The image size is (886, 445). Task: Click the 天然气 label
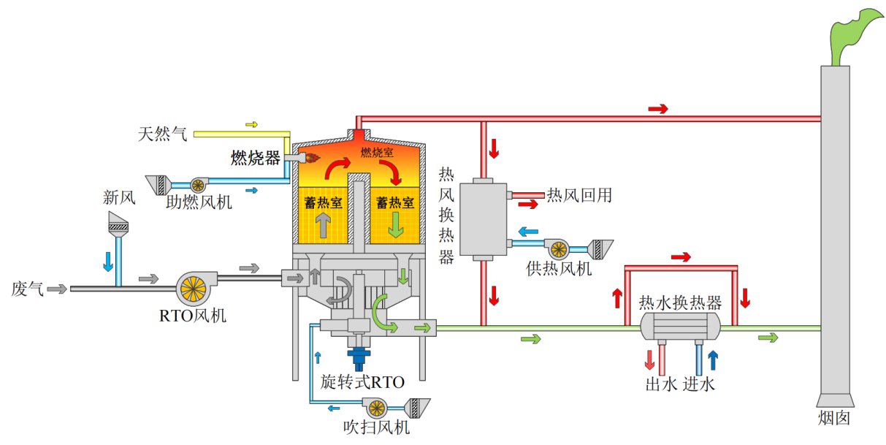[x=162, y=134]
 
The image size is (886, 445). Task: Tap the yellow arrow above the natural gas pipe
[x=251, y=125]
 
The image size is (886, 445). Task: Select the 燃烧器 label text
[x=256, y=158]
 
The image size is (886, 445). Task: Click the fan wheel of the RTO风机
[x=194, y=289]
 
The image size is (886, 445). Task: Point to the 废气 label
[x=27, y=289]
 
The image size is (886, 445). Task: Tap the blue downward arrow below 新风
[x=108, y=262]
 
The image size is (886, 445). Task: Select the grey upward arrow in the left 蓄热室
[x=323, y=224]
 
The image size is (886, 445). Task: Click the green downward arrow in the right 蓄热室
[x=396, y=224]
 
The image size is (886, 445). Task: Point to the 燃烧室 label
[x=377, y=152]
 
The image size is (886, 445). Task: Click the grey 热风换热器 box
[x=483, y=219]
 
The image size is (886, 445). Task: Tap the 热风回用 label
[x=579, y=195]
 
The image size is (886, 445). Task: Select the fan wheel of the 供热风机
[x=559, y=250]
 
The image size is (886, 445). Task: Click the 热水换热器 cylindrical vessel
[x=680, y=327]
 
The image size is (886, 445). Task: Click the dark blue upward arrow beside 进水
[x=713, y=360]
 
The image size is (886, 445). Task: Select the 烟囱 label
[x=834, y=418]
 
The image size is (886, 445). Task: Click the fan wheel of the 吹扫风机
[x=377, y=408]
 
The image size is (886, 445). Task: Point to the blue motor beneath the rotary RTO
[x=359, y=358]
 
